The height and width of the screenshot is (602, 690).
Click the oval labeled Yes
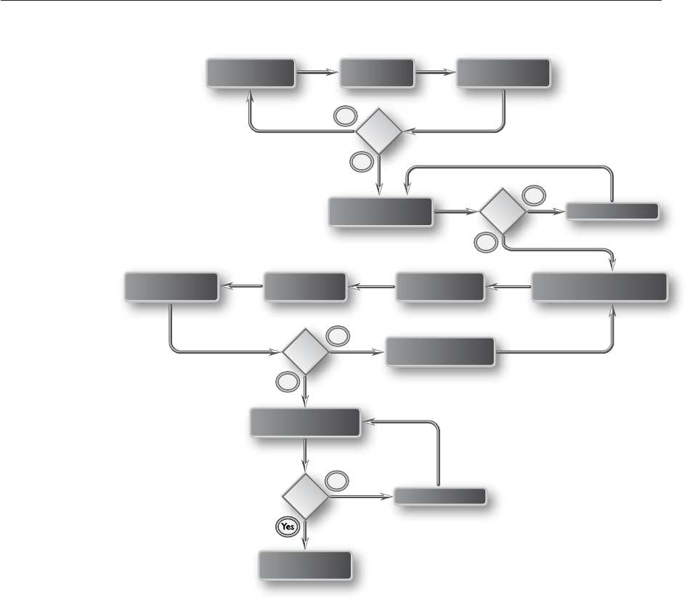(x=288, y=527)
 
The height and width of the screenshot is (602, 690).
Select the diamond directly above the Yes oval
(x=304, y=497)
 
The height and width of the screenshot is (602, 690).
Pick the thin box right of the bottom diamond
(x=440, y=497)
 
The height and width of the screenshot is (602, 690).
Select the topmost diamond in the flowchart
(x=378, y=132)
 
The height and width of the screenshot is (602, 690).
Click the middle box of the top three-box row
(x=378, y=73)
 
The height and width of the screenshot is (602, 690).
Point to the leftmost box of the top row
(x=251, y=73)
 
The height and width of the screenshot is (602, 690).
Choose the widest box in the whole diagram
(x=600, y=287)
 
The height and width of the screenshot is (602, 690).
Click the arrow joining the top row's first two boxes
(x=317, y=73)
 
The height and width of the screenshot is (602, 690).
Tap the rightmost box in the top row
(x=503, y=73)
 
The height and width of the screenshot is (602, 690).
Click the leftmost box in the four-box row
(x=171, y=287)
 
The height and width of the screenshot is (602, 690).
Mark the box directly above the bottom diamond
(x=305, y=423)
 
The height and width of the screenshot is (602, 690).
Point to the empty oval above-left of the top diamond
(x=344, y=115)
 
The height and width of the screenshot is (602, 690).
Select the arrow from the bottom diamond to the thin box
(x=360, y=497)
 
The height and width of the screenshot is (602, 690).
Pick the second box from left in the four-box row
(x=305, y=287)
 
